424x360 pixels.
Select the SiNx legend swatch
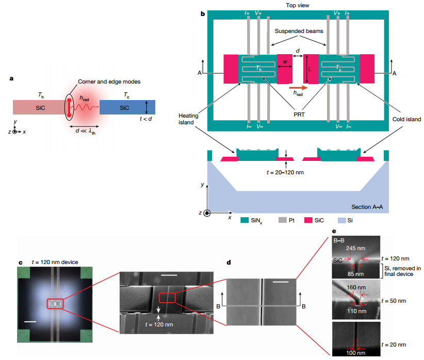[x=246, y=220]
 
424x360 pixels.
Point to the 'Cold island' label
[x=406, y=119]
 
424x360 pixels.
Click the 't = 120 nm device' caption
[x=55, y=262]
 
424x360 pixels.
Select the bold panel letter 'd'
[x=229, y=262]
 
